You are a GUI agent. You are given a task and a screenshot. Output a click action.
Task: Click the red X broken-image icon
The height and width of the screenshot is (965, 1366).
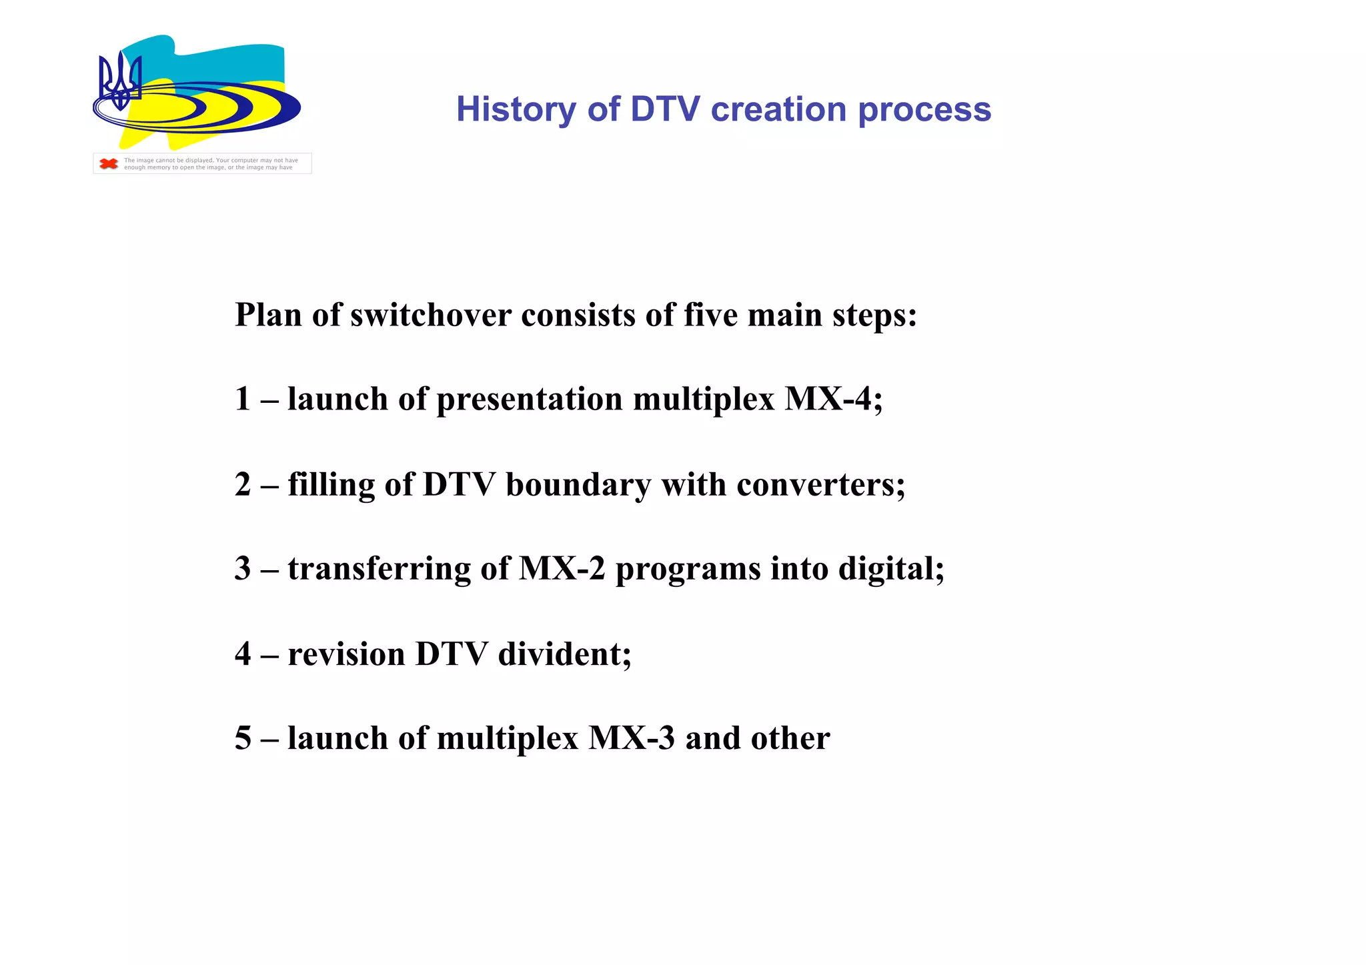coord(109,163)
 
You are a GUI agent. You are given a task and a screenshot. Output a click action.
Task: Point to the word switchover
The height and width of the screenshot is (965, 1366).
coord(430,315)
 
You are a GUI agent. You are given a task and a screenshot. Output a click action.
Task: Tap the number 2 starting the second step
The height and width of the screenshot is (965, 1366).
coord(243,484)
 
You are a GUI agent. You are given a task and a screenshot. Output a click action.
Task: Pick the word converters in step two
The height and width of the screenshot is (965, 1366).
coord(820,484)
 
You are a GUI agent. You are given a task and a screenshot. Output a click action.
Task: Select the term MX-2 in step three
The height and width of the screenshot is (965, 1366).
coord(562,569)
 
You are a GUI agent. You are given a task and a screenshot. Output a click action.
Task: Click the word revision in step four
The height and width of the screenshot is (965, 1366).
coord(346,654)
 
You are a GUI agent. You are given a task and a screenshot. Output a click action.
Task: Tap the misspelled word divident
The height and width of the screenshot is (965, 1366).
coord(564,654)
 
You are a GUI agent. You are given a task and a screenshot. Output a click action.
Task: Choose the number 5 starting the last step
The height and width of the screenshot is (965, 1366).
coord(243,738)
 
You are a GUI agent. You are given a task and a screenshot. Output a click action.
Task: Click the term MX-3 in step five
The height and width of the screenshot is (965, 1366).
coord(632,738)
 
